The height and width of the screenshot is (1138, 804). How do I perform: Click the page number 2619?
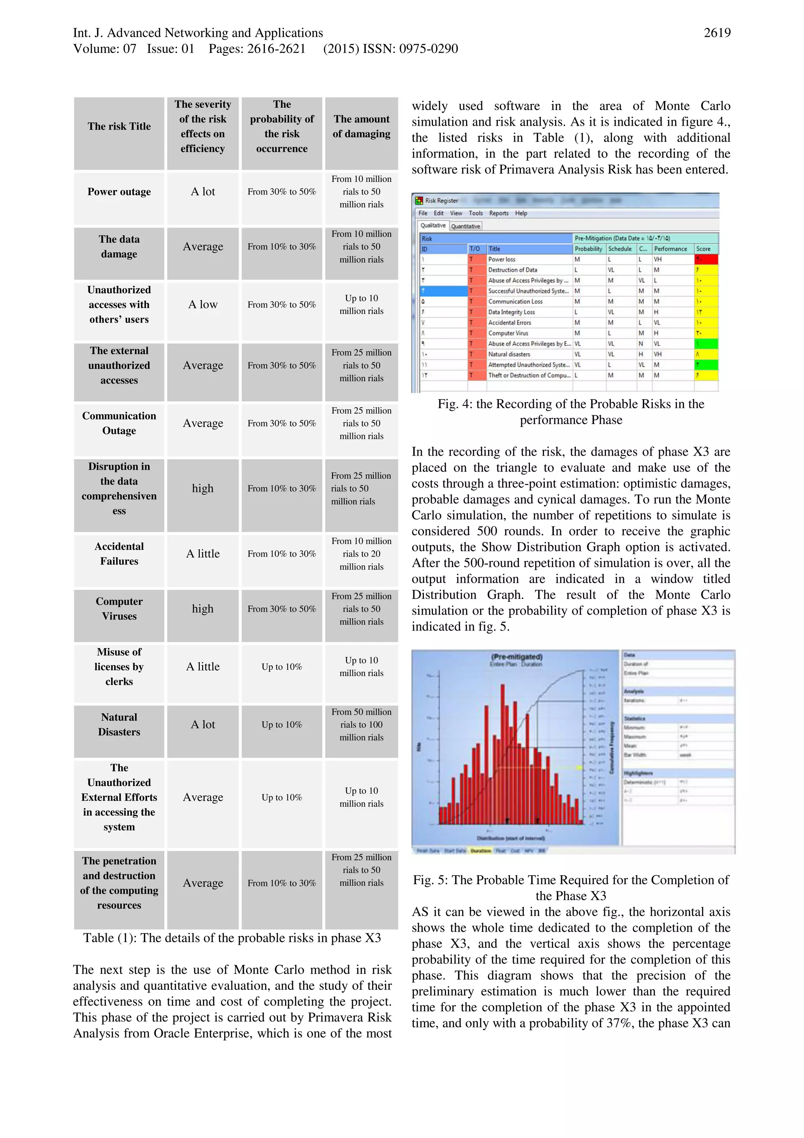[x=716, y=33]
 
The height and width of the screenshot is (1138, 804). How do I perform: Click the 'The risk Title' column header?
[x=119, y=126]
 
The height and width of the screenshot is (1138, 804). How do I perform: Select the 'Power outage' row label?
[x=119, y=192]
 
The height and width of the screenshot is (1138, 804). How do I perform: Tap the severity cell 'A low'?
[x=203, y=304]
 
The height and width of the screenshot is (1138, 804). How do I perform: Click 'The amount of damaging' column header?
[x=361, y=126]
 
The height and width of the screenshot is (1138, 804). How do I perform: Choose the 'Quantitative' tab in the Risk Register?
[x=465, y=226]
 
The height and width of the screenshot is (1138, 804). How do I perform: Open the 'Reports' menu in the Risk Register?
[x=498, y=213]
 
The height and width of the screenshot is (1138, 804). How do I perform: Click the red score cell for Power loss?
[x=706, y=259]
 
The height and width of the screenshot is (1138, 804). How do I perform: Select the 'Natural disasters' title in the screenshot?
[x=509, y=354]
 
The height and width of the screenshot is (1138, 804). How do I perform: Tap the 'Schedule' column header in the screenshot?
[x=619, y=249]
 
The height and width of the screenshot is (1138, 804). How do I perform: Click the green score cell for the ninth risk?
[x=706, y=343]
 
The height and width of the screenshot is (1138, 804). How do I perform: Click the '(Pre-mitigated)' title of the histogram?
[x=516, y=657]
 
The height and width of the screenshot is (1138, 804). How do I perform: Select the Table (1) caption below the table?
[x=232, y=938]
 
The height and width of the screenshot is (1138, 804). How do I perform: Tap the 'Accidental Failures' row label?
[x=119, y=553]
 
